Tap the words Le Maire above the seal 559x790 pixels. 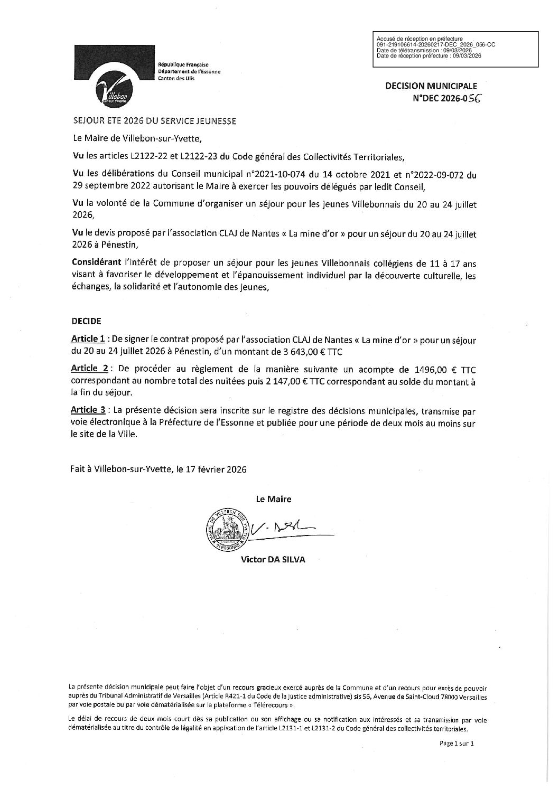[x=274, y=499]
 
